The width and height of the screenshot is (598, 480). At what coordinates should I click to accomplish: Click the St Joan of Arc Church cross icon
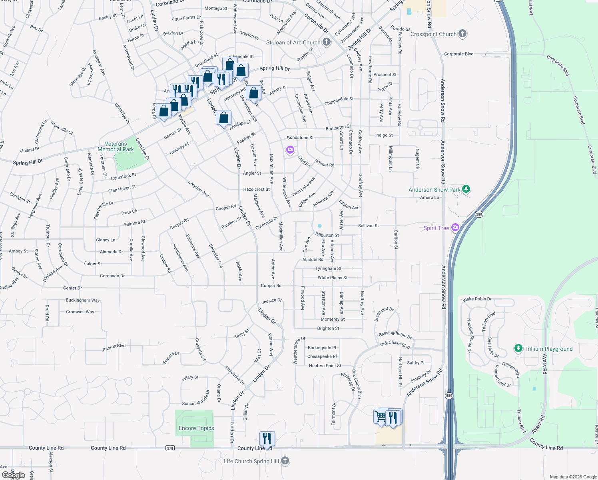pos(327,42)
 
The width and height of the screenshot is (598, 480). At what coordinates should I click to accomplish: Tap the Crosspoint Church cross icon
pos(462,34)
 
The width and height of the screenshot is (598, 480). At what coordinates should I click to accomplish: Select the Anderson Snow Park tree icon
pos(466,189)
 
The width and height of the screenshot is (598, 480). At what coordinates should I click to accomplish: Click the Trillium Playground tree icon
pos(518,348)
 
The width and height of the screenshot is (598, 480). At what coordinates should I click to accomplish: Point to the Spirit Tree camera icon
pos(455,228)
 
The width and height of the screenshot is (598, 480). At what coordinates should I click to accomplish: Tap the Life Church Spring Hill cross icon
pos(285,461)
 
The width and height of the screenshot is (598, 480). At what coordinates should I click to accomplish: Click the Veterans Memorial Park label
pos(116,146)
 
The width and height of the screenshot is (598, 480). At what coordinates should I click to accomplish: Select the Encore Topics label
pos(196,428)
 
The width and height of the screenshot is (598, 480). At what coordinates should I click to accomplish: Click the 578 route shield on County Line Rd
pos(170,448)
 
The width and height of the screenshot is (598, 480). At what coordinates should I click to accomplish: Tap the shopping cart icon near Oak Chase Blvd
pos(381,416)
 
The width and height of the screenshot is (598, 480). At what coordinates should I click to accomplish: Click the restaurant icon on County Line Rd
pos(267,438)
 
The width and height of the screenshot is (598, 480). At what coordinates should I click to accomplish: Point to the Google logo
pos(14,475)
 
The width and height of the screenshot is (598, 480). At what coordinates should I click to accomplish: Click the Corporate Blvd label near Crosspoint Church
pos(458,54)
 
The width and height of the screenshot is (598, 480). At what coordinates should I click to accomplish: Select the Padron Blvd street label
pos(114,347)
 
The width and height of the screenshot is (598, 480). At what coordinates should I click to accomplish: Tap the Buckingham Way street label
pos(83,300)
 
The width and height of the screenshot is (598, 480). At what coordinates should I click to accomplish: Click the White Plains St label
pos(333,278)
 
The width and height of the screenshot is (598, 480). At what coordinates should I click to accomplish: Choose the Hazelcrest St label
pos(256,189)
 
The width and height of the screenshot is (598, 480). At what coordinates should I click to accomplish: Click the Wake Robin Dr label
pos(477,299)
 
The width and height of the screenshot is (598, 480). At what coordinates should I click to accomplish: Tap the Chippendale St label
pos(339,101)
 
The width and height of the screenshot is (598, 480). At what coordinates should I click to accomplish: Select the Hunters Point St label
pos(325,366)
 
